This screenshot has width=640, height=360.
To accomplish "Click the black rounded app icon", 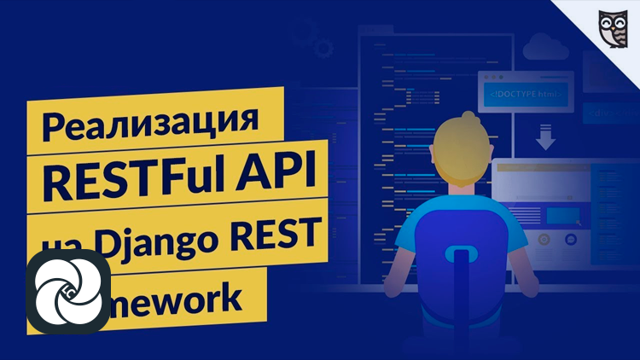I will coord(67,291).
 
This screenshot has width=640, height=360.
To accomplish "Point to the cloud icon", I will coord(544,45).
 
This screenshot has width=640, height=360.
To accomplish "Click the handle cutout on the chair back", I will coord(462,255).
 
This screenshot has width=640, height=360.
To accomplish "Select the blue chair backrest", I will coord(462,273).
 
